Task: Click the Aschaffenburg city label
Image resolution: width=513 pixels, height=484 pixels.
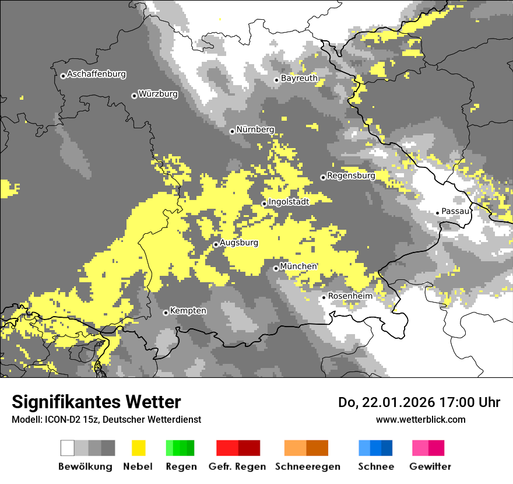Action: (x=96, y=74)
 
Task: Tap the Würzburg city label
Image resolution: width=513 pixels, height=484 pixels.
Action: (x=158, y=94)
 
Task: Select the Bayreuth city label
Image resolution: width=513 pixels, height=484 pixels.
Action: (x=299, y=78)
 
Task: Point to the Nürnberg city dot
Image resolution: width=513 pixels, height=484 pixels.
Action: (x=232, y=131)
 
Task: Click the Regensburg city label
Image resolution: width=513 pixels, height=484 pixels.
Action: (x=351, y=176)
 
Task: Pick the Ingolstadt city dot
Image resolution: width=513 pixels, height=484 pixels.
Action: (x=264, y=204)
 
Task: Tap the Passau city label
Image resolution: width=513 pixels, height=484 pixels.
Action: (x=455, y=211)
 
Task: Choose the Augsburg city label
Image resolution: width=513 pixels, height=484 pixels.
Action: (x=239, y=243)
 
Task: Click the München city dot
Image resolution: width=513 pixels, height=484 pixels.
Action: (x=276, y=268)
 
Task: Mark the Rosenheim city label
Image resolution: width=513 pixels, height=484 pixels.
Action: (x=350, y=296)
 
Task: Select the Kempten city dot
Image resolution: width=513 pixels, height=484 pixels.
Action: (x=166, y=313)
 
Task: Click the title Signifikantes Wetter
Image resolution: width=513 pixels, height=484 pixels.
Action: (x=96, y=402)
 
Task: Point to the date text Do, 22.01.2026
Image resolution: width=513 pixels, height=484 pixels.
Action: (x=385, y=402)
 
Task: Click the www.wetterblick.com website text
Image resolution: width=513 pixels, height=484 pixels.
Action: (x=420, y=419)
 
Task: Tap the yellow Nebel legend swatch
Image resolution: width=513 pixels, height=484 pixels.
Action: (x=138, y=448)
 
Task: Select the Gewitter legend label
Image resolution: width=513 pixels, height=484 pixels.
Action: (x=430, y=467)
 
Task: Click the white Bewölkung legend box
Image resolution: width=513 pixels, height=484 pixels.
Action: (x=68, y=448)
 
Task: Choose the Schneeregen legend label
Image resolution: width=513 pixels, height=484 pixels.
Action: (x=307, y=467)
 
